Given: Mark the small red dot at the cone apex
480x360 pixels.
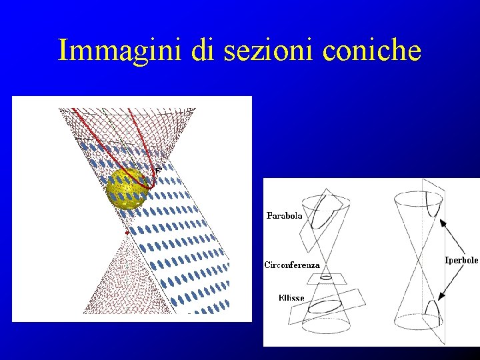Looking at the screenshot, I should click(x=127, y=233).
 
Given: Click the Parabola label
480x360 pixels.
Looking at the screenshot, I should click(x=285, y=215).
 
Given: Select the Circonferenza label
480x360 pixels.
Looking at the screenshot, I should click(x=292, y=265).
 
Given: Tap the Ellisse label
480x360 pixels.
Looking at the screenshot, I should click(x=291, y=298).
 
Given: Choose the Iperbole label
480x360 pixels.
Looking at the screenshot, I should click(x=461, y=260).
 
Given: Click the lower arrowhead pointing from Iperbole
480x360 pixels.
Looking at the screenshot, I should click(x=442, y=297).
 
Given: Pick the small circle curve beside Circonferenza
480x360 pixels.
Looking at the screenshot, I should click(x=327, y=276).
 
